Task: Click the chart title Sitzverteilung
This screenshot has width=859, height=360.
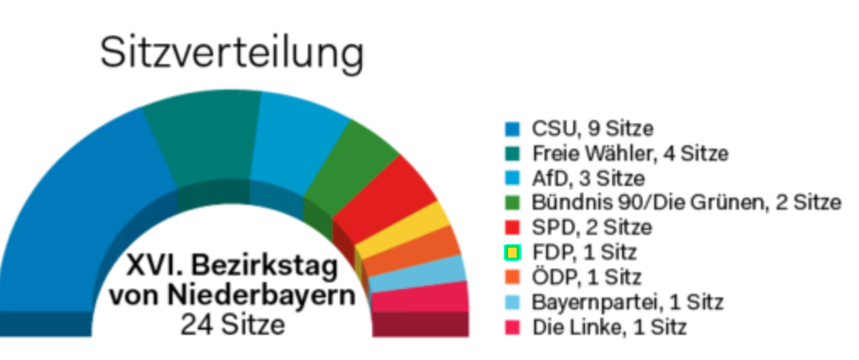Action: pyautogui.click(x=233, y=53)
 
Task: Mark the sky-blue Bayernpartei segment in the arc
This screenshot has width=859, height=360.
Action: pyautogui.click(x=440, y=271)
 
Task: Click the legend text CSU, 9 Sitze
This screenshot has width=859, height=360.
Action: pyautogui.click(x=592, y=129)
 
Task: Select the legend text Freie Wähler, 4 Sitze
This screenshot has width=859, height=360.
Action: pyautogui.click(x=630, y=154)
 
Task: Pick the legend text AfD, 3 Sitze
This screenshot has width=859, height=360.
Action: pyautogui.click(x=588, y=178)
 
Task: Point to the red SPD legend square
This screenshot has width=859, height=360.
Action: pyautogui.click(x=512, y=227)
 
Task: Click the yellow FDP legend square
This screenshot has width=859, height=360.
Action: pyautogui.click(x=512, y=252)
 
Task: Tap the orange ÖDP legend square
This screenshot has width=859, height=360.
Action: pyautogui.click(x=512, y=277)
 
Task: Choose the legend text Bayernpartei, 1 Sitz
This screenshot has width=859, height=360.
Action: pyautogui.click(x=627, y=302)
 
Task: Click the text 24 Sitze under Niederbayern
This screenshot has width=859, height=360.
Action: pyautogui.click(x=233, y=325)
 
